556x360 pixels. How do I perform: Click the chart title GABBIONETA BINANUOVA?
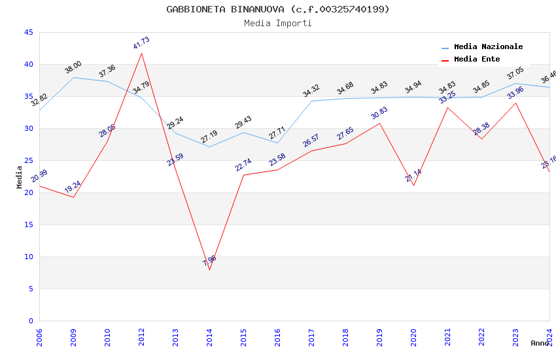[x=277, y=9]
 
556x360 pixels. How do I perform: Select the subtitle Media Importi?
[x=277, y=23]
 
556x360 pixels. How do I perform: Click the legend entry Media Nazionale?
[x=488, y=46]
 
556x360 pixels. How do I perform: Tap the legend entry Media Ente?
[x=477, y=59]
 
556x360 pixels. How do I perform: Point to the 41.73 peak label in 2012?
[x=141, y=44]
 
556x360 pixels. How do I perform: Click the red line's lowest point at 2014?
[x=209, y=270]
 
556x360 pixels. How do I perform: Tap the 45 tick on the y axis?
[x=28, y=32]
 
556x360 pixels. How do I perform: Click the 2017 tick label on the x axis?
[x=311, y=336]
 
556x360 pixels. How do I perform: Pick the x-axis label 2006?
[x=39, y=336]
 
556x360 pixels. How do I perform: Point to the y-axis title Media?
[x=19, y=177]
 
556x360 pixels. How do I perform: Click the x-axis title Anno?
[x=540, y=343]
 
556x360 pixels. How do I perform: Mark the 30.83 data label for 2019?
[x=379, y=113]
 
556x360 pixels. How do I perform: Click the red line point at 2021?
[x=447, y=107]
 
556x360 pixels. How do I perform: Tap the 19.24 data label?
[x=73, y=187]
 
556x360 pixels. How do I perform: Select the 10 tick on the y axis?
[x=28, y=257]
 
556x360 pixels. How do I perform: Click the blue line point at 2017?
[x=311, y=101]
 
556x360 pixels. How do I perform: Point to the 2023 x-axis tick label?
[x=515, y=336]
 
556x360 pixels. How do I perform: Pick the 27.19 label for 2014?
[x=209, y=137]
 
